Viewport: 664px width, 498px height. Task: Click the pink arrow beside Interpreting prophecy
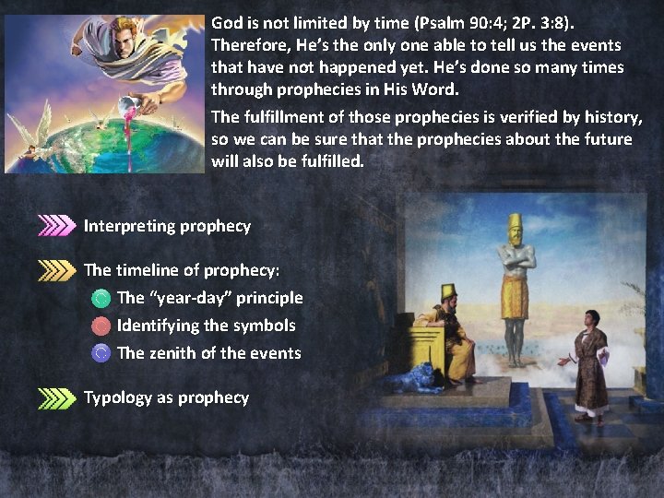click(x=56, y=226)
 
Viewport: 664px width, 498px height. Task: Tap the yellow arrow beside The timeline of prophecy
click(x=56, y=270)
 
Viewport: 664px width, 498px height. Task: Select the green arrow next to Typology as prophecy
click(x=56, y=397)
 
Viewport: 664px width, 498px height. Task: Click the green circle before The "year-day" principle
click(x=101, y=298)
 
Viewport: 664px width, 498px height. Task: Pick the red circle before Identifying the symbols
click(x=101, y=326)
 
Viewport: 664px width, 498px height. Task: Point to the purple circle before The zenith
click(x=101, y=352)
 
